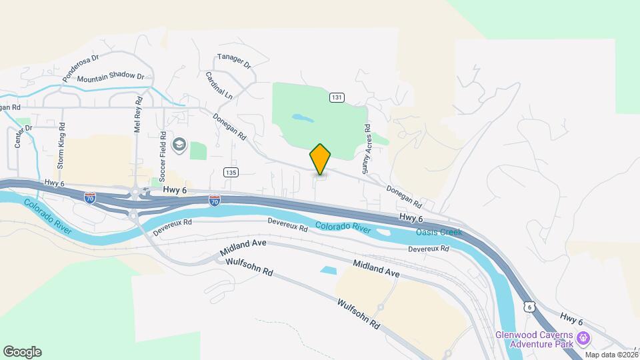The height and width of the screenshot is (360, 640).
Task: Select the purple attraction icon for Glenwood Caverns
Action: coord(583,339)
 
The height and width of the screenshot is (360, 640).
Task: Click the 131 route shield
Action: coord(337,97)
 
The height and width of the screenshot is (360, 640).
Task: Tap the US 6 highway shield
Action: coord(529,306)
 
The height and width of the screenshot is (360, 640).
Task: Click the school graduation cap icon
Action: coord(179,145)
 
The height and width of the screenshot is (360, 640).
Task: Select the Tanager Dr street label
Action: coord(233,61)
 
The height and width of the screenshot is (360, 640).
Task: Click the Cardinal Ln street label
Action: coord(219,86)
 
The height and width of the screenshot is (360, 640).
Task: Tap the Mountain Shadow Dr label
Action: coord(110,77)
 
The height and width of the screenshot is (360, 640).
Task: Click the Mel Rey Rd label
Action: coord(138,118)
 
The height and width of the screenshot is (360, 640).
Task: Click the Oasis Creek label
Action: coord(438,232)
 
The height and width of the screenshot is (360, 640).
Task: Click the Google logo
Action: coord(22,352)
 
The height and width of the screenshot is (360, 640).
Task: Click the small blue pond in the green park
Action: coord(302,118)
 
